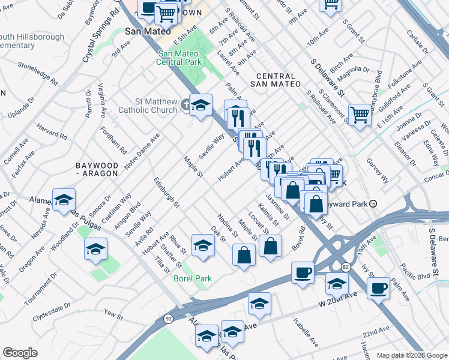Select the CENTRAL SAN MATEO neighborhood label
point(276,80)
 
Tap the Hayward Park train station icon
point(373,203)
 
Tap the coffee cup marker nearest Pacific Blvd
point(378,289)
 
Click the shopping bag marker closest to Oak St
point(244,254)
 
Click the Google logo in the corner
point(20,353)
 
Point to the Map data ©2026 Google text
point(411,355)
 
